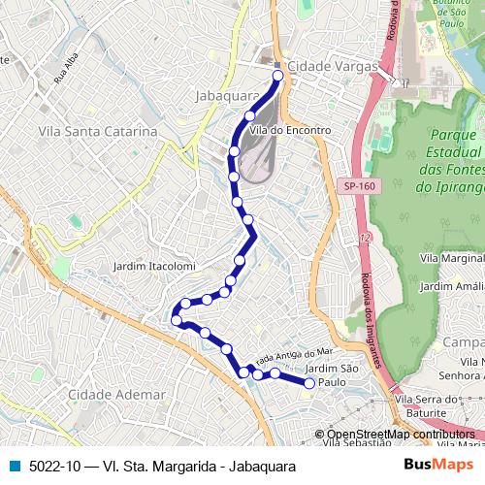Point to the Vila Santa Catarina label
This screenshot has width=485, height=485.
(x=97, y=131)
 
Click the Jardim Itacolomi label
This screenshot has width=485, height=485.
(x=154, y=266)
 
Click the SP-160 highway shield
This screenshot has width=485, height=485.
(x=358, y=185)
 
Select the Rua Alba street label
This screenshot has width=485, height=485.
(x=65, y=75)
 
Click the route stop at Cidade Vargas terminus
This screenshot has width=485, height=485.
(x=278, y=75)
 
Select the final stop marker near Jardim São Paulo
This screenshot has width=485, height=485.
(x=309, y=383)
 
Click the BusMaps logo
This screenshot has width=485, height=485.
(x=437, y=467)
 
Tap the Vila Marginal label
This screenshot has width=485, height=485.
(x=452, y=259)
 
